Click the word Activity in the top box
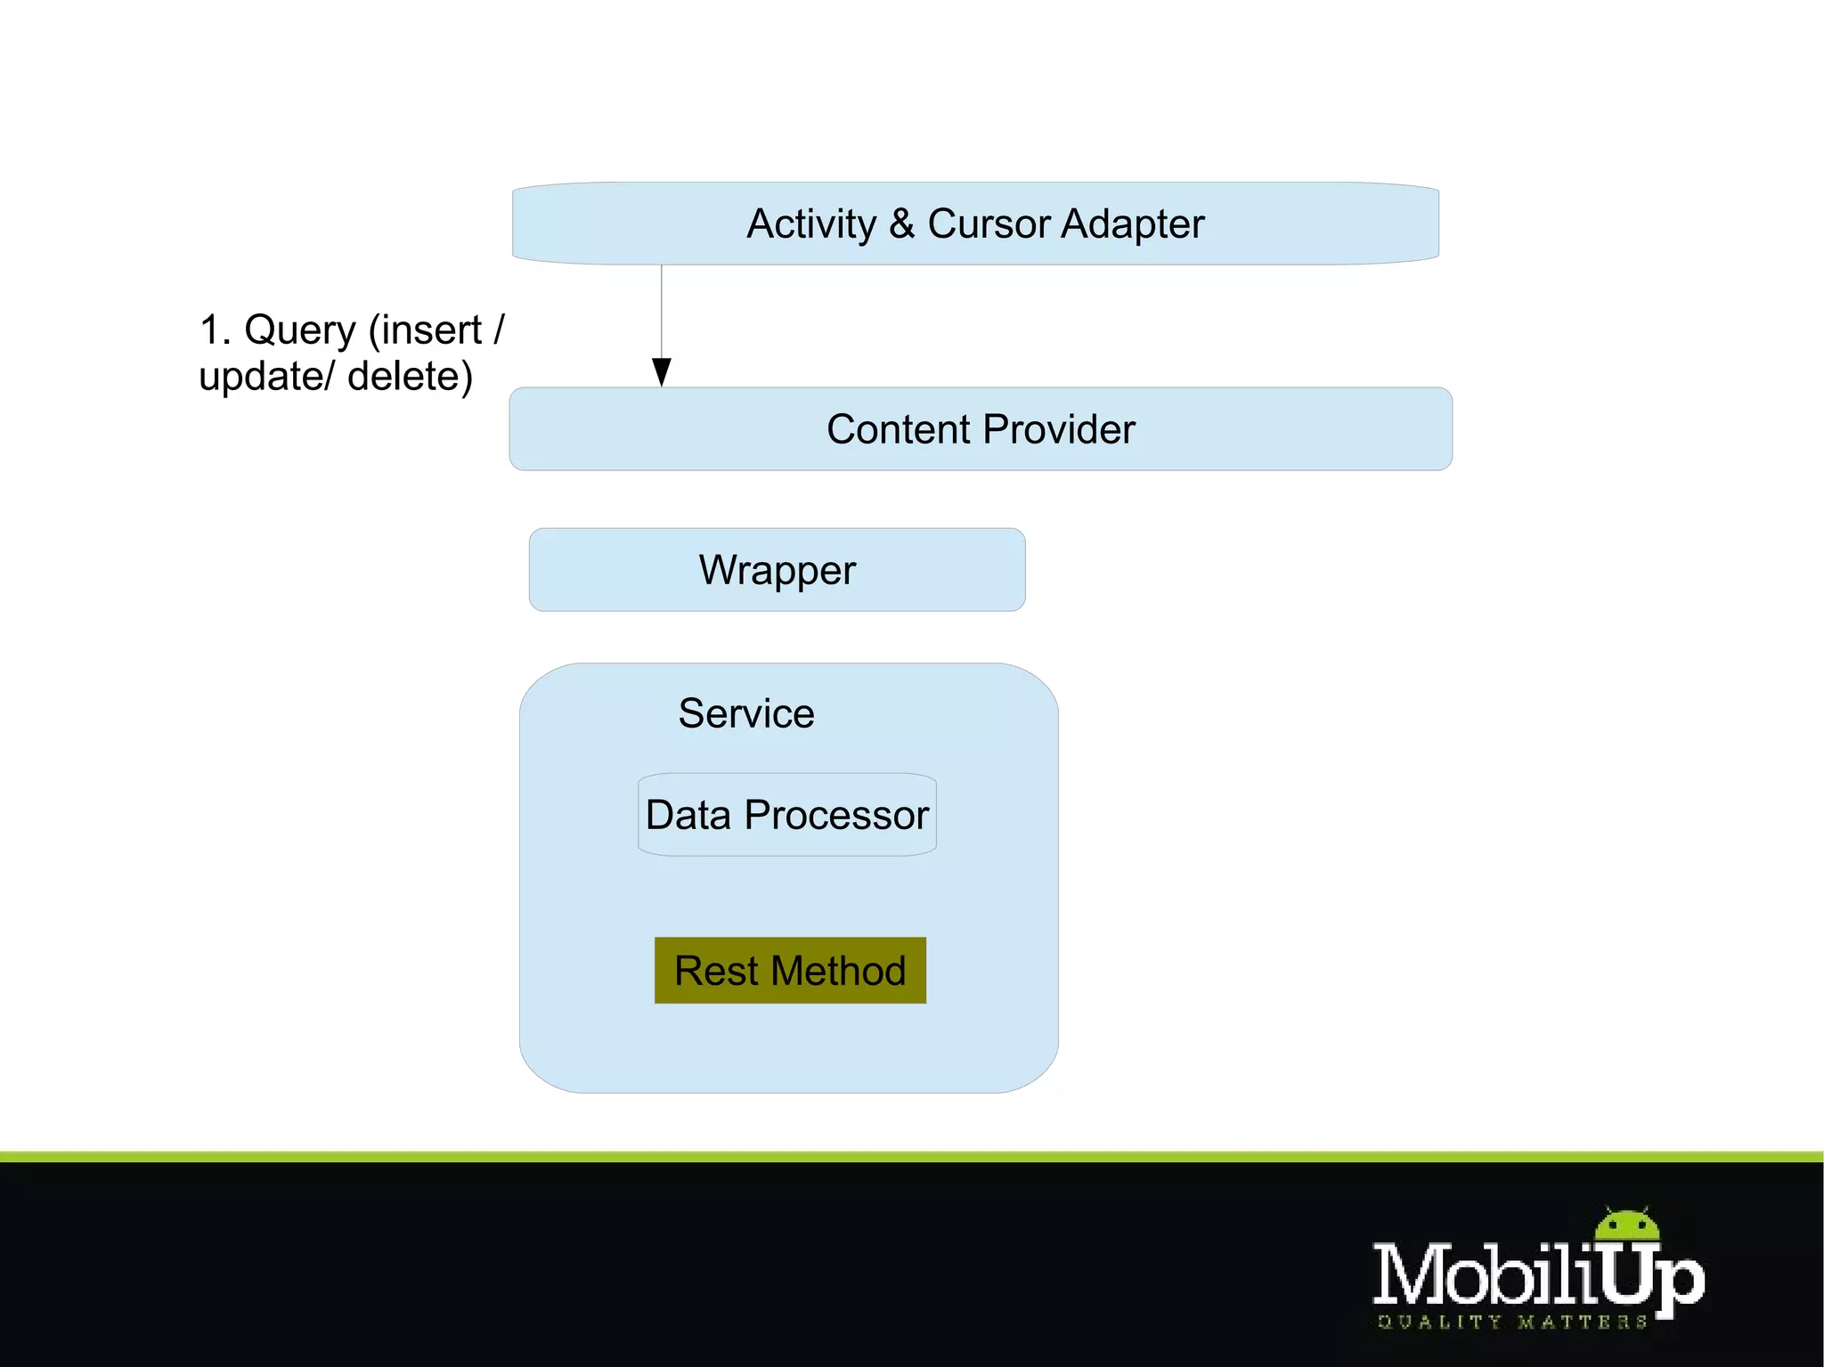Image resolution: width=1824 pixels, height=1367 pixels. coord(811,224)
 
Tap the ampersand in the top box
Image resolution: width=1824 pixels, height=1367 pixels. coord(901,224)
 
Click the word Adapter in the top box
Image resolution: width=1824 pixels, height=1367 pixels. coord(1132,224)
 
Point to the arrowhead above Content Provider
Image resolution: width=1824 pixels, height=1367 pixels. coord(662,371)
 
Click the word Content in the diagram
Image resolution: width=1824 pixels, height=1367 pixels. coord(898,429)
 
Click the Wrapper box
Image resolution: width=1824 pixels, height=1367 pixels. coord(777,570)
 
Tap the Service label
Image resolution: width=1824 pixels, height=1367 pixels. coord(746,713)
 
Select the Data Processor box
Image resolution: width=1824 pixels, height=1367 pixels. coord(787,815)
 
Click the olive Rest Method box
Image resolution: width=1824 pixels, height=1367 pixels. coord(790,970)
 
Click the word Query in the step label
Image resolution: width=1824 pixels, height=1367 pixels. coord(300,331)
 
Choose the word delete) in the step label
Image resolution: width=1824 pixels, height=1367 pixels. coord(410,377)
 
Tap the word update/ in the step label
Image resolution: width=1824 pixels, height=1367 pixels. coord(266,378)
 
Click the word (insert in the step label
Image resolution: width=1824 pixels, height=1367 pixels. coord(425,330)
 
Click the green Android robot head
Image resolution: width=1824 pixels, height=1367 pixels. coord(1627,1225)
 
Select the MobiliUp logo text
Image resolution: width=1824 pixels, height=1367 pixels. coord(1538,1276)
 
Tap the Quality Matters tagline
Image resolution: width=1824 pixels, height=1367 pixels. coord(1511,1322)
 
